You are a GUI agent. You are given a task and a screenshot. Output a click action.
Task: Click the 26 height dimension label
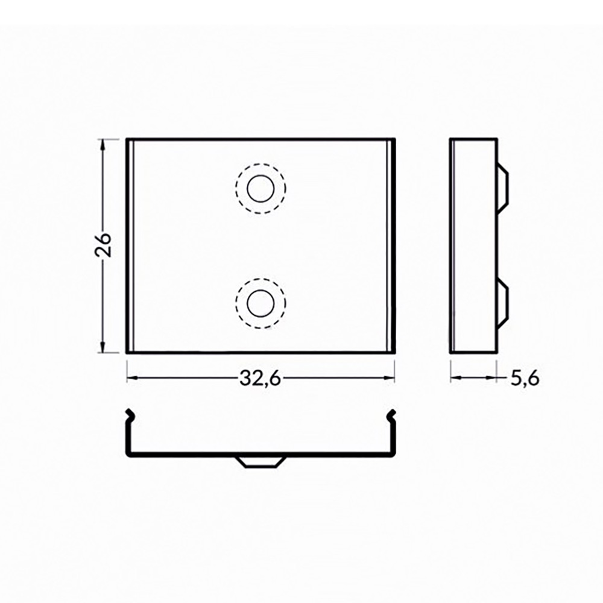point(103,245)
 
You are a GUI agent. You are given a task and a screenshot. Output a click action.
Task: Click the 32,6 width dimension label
point(260,379)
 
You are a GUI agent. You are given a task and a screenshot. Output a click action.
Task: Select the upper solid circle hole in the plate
point(260,189)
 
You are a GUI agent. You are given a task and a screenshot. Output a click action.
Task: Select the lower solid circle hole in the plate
point(260,304)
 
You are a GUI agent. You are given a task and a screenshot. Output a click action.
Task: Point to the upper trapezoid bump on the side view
point(503,188)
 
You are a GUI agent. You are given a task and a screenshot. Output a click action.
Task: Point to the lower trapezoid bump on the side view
point(503,304)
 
